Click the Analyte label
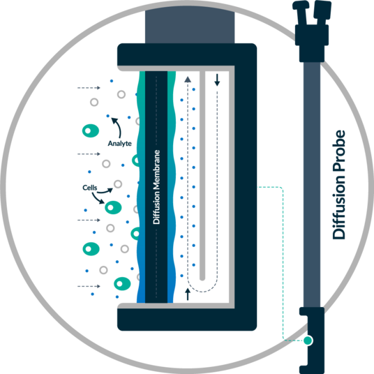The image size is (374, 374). point(120,143)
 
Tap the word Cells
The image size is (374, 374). point(90,188)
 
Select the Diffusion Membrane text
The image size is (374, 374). point(156,187)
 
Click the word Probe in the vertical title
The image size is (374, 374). point(339,151)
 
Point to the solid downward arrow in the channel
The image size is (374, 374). point(217,80)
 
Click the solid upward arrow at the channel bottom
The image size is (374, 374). point(188,294)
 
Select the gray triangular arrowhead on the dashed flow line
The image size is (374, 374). point(188,80)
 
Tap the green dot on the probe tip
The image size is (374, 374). point(308,341)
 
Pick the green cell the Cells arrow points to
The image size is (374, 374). point(113,207)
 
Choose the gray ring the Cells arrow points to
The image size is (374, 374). point(118,184)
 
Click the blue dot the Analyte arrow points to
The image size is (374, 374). point(108,116)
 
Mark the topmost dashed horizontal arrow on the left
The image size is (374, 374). point(89,88)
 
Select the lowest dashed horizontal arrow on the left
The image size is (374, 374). point(89,286)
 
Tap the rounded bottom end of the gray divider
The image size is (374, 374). point(202,278)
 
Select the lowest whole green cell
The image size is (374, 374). point(122,284)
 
